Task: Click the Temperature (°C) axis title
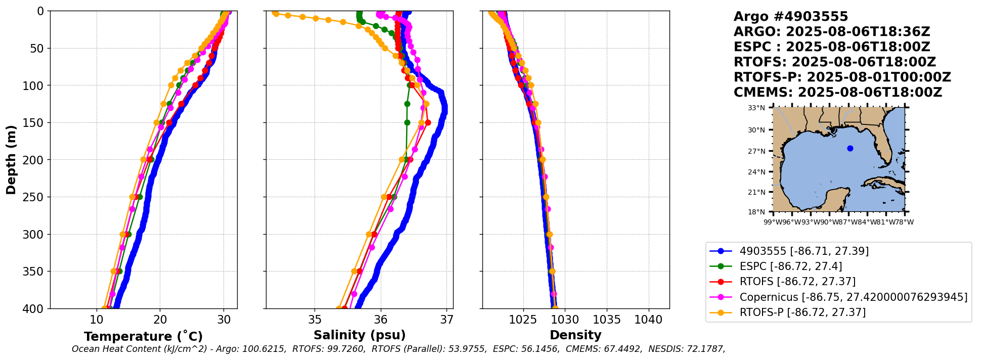click(x=143, y=337)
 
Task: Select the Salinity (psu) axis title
click(x=360, y=335)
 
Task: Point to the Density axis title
click(x=575, y=335)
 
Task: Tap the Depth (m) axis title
click(x=11, y=159)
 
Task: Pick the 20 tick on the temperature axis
click(x=160, y=320)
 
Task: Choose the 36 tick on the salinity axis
click(x=381, y=320)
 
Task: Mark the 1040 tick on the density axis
click(x=648, y=320)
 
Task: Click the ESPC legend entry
click(x=791, y=266)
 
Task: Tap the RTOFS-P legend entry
click(x=802, y=312)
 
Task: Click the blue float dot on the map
click(x=850, y=148)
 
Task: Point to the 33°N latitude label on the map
click(x=756, y=108)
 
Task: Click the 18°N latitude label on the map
click(x=756, y=212)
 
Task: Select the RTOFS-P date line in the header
click(x=842, y=77)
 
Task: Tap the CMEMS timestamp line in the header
click(x=837, y=93)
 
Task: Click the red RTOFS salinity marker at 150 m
click(x=428, y=122)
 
